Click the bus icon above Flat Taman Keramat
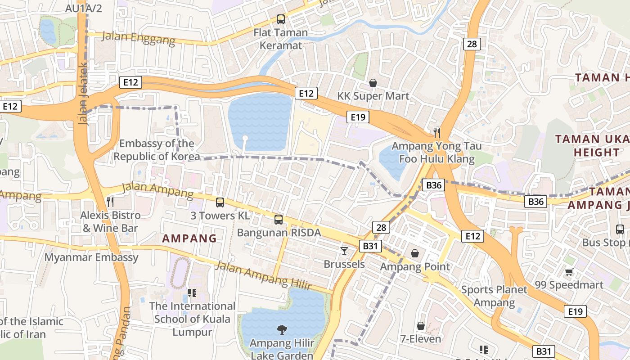[x=281, y=19]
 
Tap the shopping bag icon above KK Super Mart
[x=373, y=83]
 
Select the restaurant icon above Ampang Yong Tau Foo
[x=436, y=132]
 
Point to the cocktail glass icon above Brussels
[x=344, y=251]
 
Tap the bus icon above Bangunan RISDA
[x=279, y=220]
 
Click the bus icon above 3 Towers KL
[x=220, y=202]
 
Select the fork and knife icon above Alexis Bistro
[x=110, y=202]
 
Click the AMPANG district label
[x=189, y=238]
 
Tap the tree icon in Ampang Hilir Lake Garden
[x=282, y=330]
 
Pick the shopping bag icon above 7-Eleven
[x=421, y=325]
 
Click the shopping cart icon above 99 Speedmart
[x=569, y=272]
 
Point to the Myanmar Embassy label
[x=92, y=257]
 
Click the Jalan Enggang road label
[x=138, y=38]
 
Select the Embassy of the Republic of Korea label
[x=157, y=150]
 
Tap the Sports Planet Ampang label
[x=494, y=296]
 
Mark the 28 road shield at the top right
[x=471, y=44]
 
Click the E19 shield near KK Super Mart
[x=358, y=117]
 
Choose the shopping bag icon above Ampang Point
[x=414, y=254]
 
